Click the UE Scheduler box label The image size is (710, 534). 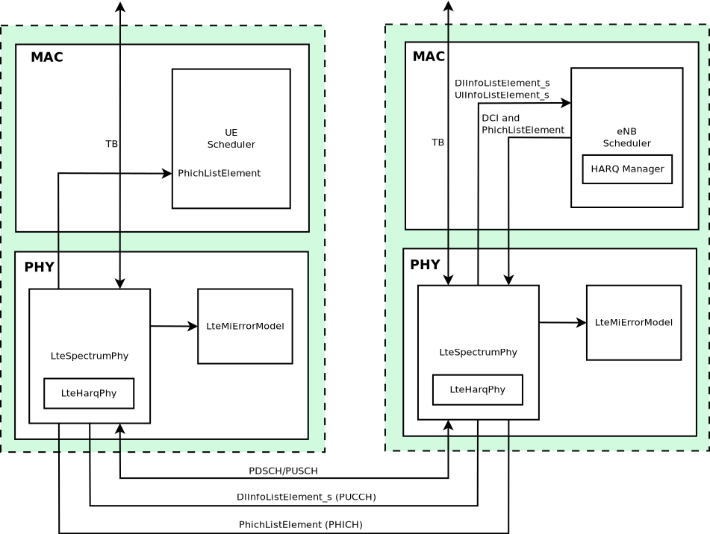[231, 139]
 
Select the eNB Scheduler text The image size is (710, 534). [626, 137]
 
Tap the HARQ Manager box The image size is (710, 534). [627, 169]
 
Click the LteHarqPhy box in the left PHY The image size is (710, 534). [89, 393]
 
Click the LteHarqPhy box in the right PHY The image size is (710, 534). [477, 389]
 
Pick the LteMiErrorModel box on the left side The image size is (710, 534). [245, 327]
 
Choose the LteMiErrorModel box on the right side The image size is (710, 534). [633, 322]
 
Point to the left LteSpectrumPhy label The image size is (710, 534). [90, 356]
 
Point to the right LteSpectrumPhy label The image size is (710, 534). [478, 352]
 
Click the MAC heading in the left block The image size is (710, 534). [47, 57]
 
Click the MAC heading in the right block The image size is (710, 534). [429, 57]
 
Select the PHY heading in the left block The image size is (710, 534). [39, 267]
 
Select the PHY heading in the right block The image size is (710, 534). [425, 265]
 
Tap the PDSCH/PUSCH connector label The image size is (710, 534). [283, 471]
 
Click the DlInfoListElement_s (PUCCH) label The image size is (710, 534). [306, 497]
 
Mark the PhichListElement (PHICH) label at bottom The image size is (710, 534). [300, 525]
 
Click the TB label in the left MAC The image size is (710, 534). [111, 143]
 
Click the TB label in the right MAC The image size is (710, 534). [437, 142]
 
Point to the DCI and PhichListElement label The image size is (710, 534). [523, 124]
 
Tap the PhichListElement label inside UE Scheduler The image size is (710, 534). [219, 173]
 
